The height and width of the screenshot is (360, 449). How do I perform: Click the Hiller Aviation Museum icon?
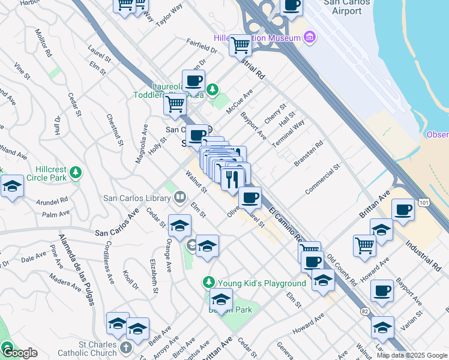tap(310, 38)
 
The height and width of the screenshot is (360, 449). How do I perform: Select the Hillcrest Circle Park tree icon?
tap(75, 173)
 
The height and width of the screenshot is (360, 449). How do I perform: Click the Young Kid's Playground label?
tap(262, 283)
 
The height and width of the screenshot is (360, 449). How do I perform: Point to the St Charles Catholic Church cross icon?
tap(125, 347)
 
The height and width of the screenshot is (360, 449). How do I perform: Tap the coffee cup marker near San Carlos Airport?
tap(291, 6)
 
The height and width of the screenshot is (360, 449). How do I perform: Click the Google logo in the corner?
tap(19, 352)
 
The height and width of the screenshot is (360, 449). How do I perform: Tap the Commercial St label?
tap(322, 178)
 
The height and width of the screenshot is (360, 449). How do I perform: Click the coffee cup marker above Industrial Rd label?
tap(403, 211)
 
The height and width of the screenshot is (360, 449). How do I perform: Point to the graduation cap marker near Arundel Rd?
tap(12, 187)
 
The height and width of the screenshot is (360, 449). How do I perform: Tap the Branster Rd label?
tap(309, 154)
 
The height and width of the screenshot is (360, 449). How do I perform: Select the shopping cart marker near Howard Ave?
tap(364, 245)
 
